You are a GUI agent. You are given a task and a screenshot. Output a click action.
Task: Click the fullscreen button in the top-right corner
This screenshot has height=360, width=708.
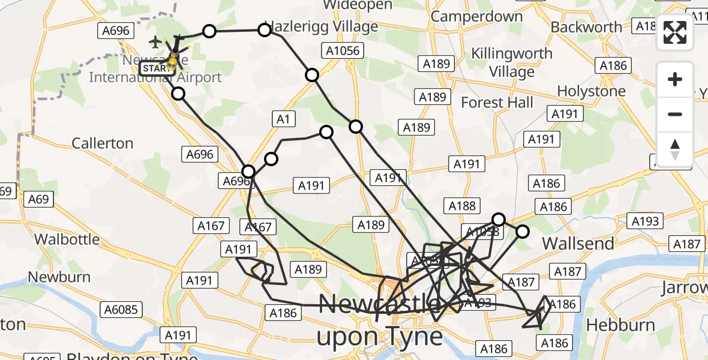pyautogui.click(x=675, y=32)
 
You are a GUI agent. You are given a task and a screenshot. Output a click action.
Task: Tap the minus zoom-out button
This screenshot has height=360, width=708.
pyautogui.click(x=675, y=114)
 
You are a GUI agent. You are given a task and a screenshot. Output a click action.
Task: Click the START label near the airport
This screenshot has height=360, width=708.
pyautogui.click(x=155, y=68)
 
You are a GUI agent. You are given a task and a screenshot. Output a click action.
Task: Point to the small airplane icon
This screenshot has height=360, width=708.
pyautogui.click(x=155, y=42)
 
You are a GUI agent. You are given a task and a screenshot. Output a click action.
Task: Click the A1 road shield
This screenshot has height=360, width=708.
pyautogui.click(x=283, y=119)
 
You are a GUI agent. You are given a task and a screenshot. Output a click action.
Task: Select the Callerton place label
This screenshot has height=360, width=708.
pyautogui.click(x=102, y=143)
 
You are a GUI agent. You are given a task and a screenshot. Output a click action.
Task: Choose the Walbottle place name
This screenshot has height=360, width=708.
pyautogui.click(x=67, y=239)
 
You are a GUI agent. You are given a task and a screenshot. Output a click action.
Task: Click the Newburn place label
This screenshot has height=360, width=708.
pyautogui.click(x=59, y=277)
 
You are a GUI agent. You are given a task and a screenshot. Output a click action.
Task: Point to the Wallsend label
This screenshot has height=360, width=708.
pyautogui.click(x=578, y=244)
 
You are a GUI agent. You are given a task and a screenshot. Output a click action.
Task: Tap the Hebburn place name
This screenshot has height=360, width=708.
pyautogui.click(x=620, y=325)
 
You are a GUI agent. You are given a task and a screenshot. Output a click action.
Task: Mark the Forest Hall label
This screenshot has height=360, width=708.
pyautogui.click(x=497, y=103)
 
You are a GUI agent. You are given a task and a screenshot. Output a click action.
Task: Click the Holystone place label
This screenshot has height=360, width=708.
pyautogui.click(x=591, y=91)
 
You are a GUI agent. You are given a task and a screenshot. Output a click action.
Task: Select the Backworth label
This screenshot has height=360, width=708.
pyautogui.click(x=586, y=27)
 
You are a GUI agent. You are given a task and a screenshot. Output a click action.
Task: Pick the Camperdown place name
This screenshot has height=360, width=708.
pyautogui.click(x=476, y=16)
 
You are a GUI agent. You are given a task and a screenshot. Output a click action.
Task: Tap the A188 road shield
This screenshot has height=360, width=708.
pyautogui.click(x=462, y=206)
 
